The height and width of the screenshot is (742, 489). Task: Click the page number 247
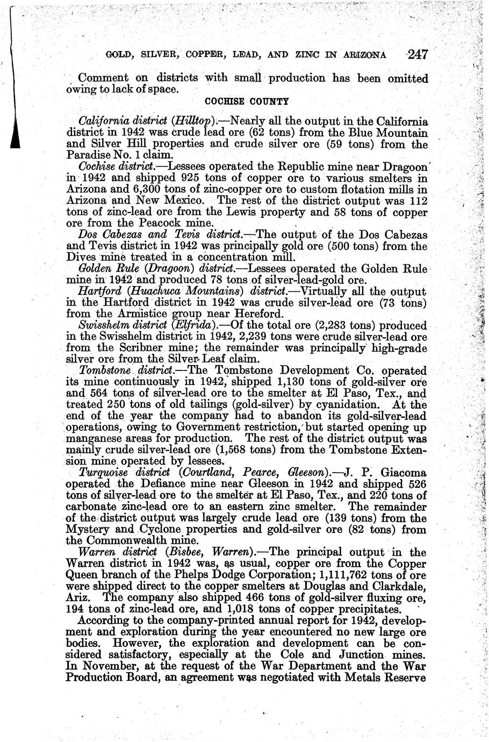coord(417,54)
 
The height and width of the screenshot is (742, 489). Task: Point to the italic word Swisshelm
coord(101,326)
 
